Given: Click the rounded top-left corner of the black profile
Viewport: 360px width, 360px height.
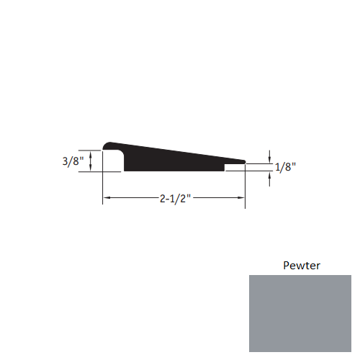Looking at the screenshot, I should pos(107,145).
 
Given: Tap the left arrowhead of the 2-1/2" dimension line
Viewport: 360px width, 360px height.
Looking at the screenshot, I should pos(106,197).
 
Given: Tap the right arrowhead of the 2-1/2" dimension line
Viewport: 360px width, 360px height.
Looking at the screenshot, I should pos(242,197).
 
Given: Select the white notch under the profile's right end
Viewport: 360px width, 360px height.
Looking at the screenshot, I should pos(234,168).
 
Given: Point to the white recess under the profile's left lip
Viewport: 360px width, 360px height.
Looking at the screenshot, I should pos(114,163).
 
